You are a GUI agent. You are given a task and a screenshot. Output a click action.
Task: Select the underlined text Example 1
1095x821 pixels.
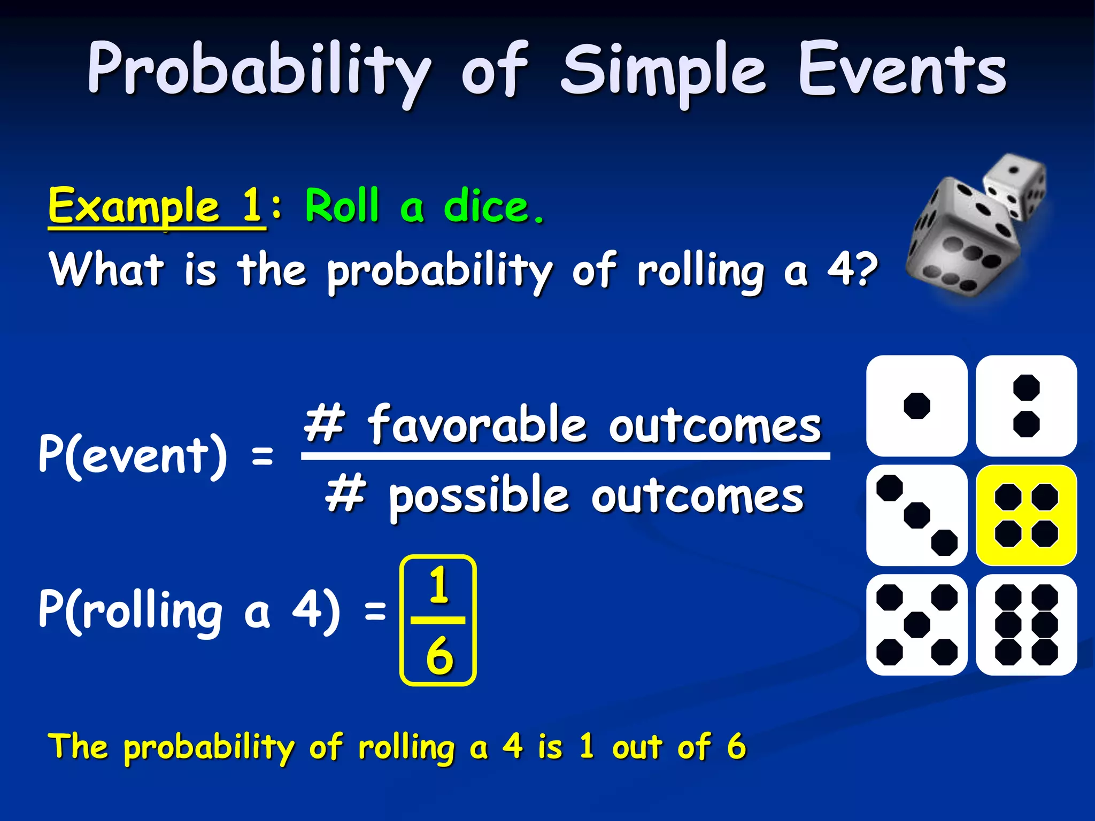[x=156, y=207]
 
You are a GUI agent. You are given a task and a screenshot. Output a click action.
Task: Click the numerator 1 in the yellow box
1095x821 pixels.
[x=439, y=586]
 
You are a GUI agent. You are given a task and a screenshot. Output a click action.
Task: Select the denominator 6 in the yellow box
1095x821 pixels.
[x=439, y=655]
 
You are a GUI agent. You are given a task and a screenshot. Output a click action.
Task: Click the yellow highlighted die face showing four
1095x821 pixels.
[x=1026, y=515]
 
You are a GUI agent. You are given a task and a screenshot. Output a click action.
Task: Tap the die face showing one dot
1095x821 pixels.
[x=916, y=406]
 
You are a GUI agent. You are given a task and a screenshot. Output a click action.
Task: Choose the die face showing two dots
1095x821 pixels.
[x=1026, y=406]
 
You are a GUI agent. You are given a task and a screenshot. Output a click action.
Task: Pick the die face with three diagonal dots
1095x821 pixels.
[x=916, y=515]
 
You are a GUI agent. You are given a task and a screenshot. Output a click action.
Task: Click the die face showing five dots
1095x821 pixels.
[x=916, y=625]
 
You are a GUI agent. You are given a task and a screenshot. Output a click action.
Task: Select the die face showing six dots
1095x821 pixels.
[x=1026, y=625]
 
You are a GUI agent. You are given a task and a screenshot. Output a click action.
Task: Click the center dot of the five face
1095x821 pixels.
[x=916, y=625]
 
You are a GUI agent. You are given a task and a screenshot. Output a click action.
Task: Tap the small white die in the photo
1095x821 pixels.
[x=1013, y=187]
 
